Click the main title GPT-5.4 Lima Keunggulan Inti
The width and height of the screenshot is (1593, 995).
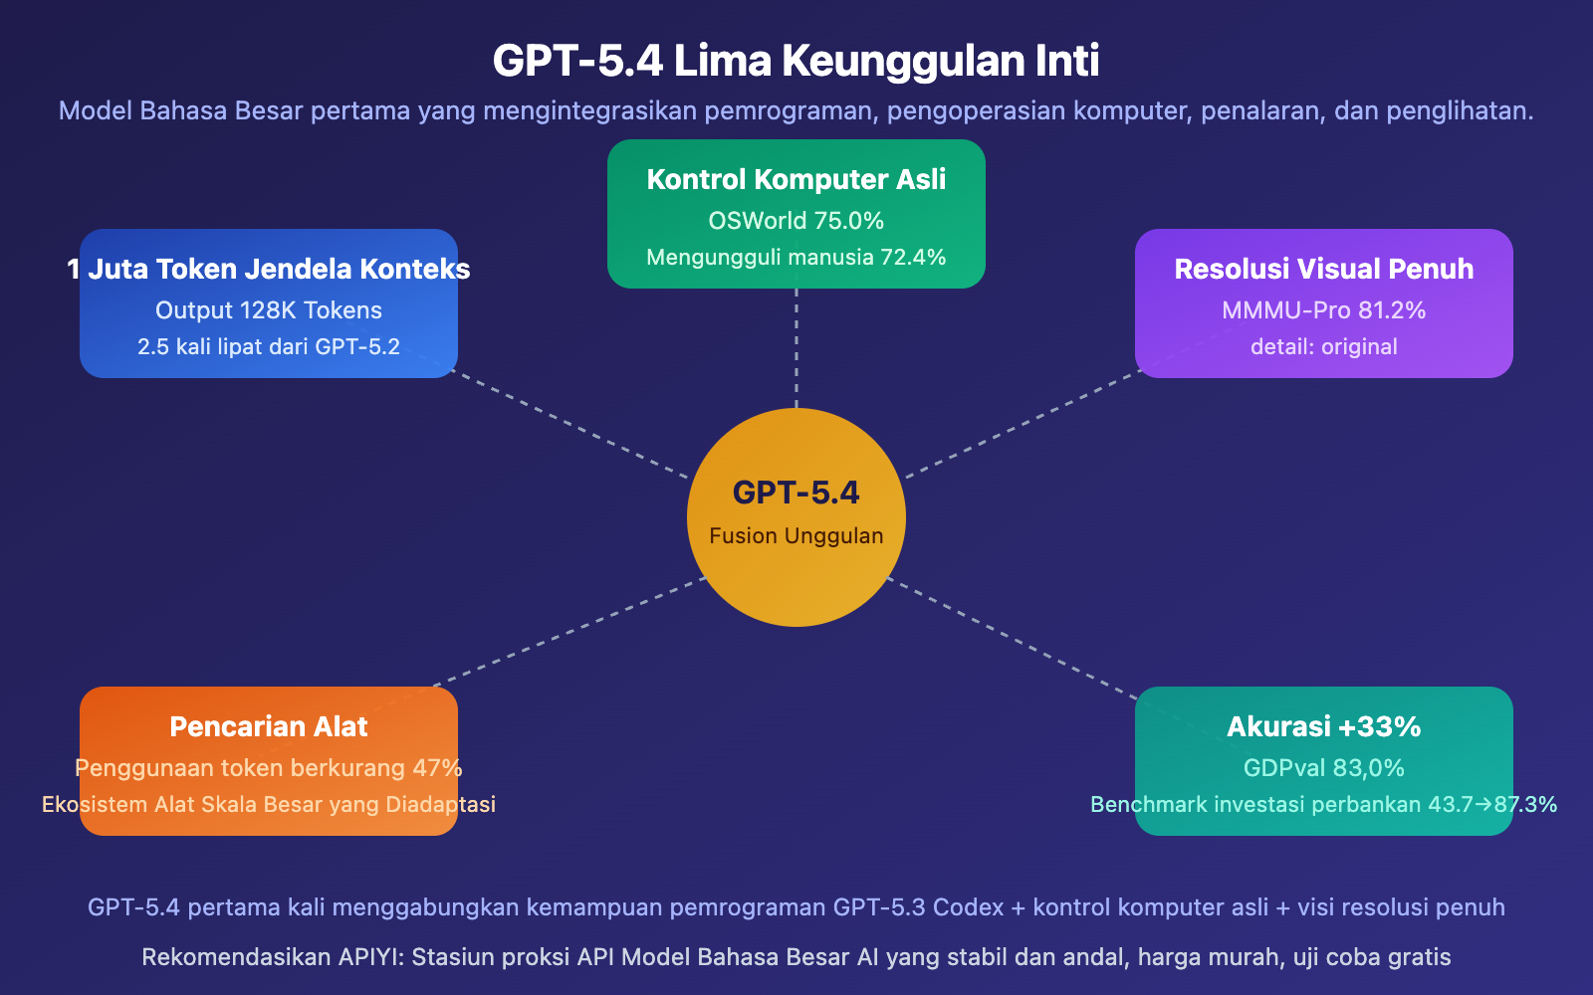pos(796,61)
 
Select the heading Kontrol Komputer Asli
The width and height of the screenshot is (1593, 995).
pos(796,179)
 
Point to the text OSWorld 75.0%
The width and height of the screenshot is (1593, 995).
pos(796,221)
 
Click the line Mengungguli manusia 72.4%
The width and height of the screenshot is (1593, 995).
pos(796,258)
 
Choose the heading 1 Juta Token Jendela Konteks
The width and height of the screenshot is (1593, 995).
pos(269,269)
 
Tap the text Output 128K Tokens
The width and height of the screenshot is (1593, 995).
pos(269,310)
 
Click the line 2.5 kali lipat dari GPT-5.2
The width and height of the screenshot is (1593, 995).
pos(269,347)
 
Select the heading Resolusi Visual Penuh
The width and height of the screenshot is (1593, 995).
pos(1323,269)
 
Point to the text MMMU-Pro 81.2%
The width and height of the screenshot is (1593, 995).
pos(1323,310)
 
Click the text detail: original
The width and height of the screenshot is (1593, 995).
pos(1323,347)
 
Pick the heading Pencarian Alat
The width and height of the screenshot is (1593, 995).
pos(269,726)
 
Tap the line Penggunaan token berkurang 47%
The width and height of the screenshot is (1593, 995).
pos(269,768)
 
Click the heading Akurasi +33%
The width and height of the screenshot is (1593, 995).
pos(1323,726)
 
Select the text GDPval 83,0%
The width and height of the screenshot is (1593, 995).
pos(1323,768)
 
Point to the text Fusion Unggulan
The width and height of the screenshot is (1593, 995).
pos(796,536)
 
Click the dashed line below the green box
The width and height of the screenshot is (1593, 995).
pos(796,348)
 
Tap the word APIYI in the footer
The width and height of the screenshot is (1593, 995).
pos(370,957)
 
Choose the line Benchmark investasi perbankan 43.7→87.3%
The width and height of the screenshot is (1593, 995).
pos(1323,805)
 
